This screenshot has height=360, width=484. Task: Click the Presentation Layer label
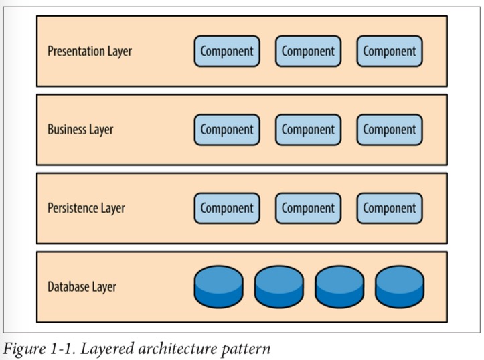tap(90, 52)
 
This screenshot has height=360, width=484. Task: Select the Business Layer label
tap(80, 130)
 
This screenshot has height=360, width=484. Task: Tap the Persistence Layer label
tap(86, 208)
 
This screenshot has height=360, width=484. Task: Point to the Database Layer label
tap(82, 287)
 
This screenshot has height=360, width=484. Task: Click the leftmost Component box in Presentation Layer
tap(227, 52)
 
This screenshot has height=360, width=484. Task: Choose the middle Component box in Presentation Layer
tap(308, 52)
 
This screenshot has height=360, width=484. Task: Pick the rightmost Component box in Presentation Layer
tap(390, 52)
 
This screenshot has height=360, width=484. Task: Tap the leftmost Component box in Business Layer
tap(227, 130)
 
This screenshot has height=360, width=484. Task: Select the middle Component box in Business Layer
tap(308, 130)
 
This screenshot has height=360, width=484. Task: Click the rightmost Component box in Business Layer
tap(390, 130)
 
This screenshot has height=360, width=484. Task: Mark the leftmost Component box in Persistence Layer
tap(227, 208)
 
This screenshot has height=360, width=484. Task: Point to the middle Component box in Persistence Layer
tap(308, 208)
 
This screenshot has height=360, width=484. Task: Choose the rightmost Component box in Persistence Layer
tap(390, 208)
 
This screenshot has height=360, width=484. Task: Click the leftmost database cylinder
tap(219, 286)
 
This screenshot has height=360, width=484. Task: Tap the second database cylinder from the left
tap(279, 286)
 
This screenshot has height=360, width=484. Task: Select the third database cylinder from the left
tap(339, 286)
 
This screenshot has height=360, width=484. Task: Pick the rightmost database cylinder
tap(400, 286)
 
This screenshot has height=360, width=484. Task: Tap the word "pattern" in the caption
tap(250, 348)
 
